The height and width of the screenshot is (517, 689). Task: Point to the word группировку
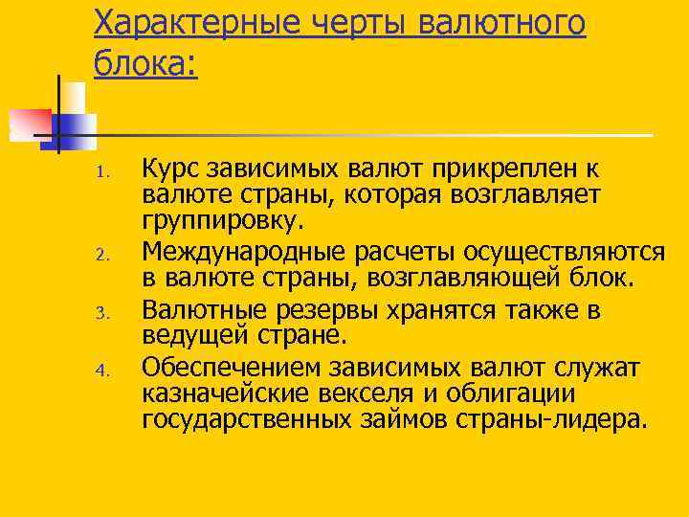pos(222,223)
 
